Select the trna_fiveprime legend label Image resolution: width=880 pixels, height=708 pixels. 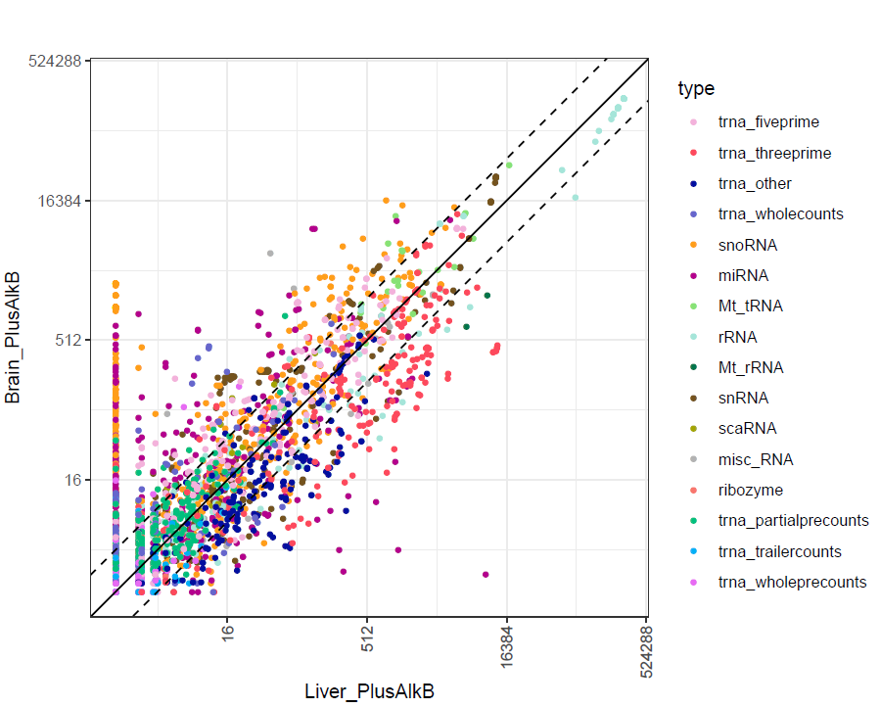pyautogui.click(x=768, y=122)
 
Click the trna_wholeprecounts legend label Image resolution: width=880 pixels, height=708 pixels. pyautogui.click(x=792, y=582)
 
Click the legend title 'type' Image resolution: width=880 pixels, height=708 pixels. pyautogui.click(x=696, y=89)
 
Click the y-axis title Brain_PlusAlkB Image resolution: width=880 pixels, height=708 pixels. pyautogui.click(x=15, y=339)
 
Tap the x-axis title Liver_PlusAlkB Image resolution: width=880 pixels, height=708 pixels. pyautogui.click(x=369, y=690)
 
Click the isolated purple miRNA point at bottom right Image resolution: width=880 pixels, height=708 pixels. pyautogui.click(x=486, y=575)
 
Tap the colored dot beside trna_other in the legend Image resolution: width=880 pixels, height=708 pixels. pyautogui.click(x=694, y=184)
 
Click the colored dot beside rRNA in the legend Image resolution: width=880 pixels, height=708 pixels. pyautogui.click(x=694, y=337)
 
